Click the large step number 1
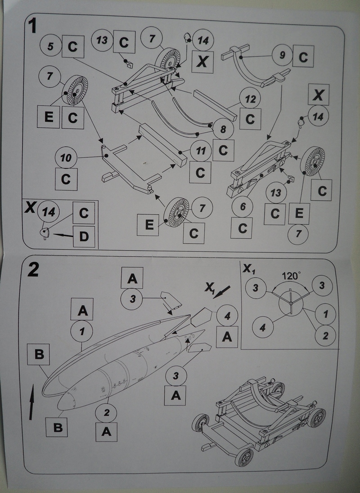tap(32, 25)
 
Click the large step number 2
tap(33, 269)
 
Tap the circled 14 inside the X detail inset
tap(48, 212)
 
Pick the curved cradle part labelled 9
tap(256, 66)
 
